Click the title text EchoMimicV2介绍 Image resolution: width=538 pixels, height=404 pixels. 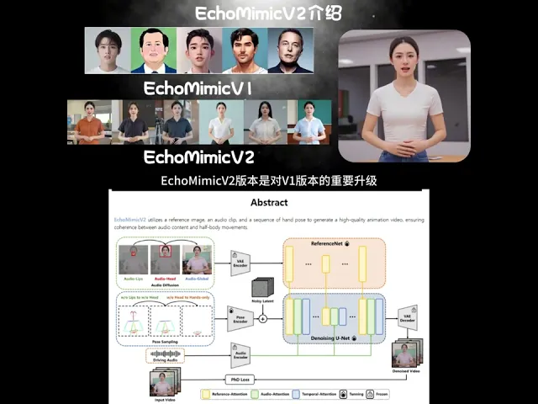click(268, 13)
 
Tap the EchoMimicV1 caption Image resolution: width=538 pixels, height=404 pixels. click(198, 88)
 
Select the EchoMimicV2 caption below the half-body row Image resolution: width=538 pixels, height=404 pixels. click(198, 157)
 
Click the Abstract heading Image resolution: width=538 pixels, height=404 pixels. click(269, 203)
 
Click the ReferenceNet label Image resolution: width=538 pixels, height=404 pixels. click(334, 242)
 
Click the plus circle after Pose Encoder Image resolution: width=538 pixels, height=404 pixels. click(262, 319)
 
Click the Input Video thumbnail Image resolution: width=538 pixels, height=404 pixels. click(161, 384)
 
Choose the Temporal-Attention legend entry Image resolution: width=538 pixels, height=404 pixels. click(340, 393)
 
